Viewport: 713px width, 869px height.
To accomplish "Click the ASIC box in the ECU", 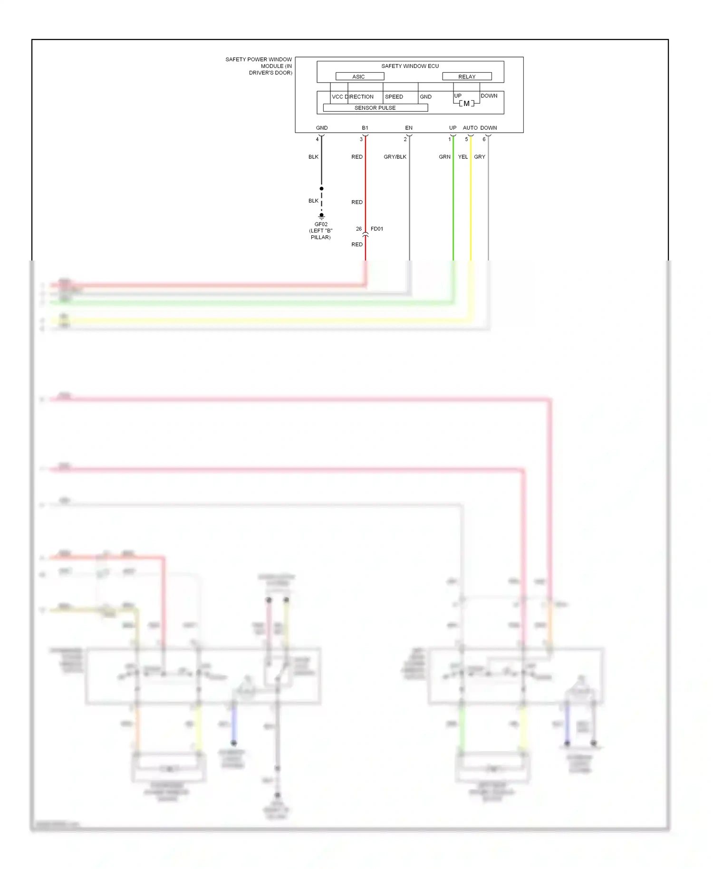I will [359, 77].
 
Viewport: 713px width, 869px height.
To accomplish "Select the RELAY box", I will [467, 77].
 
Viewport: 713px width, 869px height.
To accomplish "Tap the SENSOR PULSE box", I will [375, 108].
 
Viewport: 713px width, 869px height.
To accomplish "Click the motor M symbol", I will [466, 104].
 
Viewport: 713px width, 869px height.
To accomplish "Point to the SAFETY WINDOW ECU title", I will [410, 66].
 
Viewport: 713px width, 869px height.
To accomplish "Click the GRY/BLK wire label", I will [395, 157].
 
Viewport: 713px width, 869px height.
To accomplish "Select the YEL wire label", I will [463, 157].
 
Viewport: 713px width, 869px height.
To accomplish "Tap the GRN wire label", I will [444, 157].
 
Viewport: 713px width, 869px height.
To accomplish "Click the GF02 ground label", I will [321, 224].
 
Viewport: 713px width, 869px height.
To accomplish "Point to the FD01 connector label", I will [377, 229].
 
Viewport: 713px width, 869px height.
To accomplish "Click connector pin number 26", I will [359, 229].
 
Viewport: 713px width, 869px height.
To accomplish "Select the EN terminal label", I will [409, 128].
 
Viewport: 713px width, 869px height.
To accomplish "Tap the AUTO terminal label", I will [470, 128].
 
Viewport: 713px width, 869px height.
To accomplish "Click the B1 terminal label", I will [365, 128].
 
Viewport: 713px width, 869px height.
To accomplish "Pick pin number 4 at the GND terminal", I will [318, 139].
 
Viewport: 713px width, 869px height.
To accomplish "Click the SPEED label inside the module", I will [394, 97].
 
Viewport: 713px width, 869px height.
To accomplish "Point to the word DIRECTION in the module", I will [359, 97].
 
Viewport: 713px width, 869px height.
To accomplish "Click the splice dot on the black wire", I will [322, 189].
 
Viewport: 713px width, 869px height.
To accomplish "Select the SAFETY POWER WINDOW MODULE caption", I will [259, 66].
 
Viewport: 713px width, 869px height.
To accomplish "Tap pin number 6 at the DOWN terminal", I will [484, 139].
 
